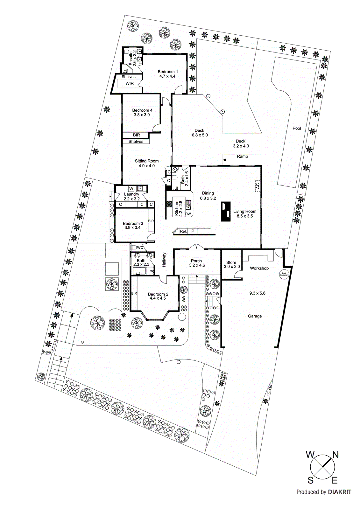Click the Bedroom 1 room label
(168, 72)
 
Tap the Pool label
(297, 128)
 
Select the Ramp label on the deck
(242, 157)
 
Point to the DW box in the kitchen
(188, 214)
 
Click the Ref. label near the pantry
(183, 231)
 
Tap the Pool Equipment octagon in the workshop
(284, 274)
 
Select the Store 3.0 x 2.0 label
(231, 265)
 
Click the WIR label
(130, 84)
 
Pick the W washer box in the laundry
(131, 189)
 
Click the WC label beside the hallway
(140, 248)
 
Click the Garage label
(255, 316)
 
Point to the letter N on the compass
(335, 455)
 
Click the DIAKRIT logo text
(340, 492)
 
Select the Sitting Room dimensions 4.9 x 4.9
(147, 166)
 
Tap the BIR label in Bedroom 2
(134, 293)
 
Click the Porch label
(196, 261)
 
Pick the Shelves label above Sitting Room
(136, 142)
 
